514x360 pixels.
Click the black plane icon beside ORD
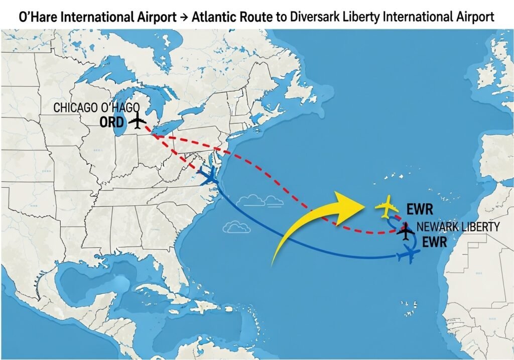pyautogui.click(x=137, y=122)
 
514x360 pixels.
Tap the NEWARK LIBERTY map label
pyautogui.click(x=458, y=227)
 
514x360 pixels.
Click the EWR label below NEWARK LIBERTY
pyautogui.click(x=434, y=243)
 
